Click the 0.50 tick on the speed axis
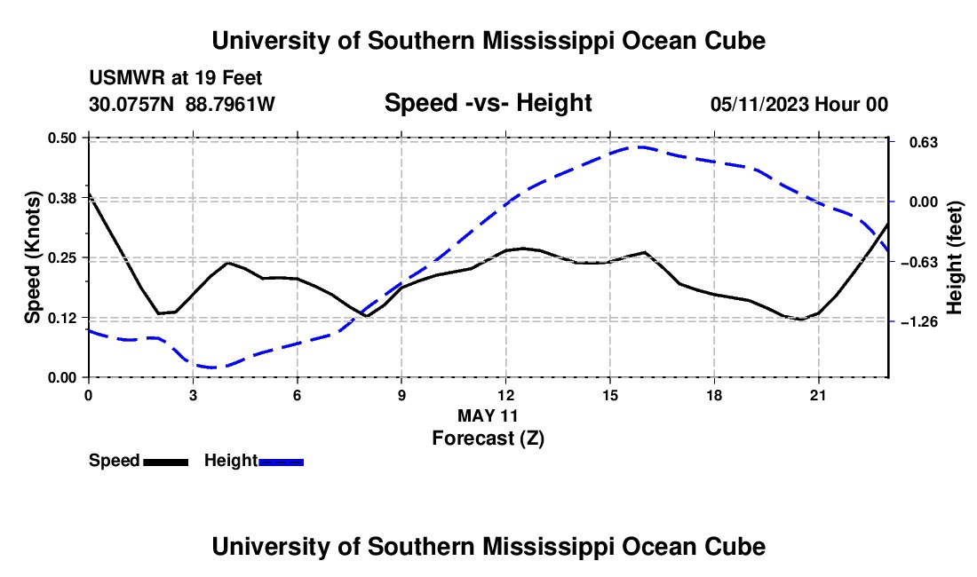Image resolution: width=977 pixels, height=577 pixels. click(x=61, y=138)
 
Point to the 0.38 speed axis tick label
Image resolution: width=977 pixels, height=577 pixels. click(x=61, y=198)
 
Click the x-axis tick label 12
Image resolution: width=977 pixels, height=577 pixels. click(x=506, y=395)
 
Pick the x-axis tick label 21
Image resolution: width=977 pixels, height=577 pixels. click(x=818, y=395)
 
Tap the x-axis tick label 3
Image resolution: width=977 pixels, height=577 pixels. click(x=193, y=395)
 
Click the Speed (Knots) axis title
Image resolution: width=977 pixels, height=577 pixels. click(x=32, y=257)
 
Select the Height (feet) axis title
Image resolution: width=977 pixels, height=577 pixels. click(x=954, y=257)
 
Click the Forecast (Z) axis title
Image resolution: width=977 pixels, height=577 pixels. click(x=488, y=439)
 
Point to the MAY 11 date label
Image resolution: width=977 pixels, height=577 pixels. click(x=488, y=415)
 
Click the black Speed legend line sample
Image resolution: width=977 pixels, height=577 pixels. click(x=166, y=462)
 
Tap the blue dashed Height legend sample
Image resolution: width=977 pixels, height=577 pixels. click(x=281, y=462)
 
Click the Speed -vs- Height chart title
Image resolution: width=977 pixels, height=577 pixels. click(x=488, y=103)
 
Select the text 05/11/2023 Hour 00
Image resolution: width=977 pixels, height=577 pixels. click(x=799, y=104)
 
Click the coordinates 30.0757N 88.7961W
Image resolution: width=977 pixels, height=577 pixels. click(x=182, y=104)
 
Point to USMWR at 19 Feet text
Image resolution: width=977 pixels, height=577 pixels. click(x=176, y=78)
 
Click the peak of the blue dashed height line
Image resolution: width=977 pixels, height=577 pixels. click(x=639, y=146)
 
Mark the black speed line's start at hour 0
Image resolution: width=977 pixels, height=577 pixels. click(x=89, y=194)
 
